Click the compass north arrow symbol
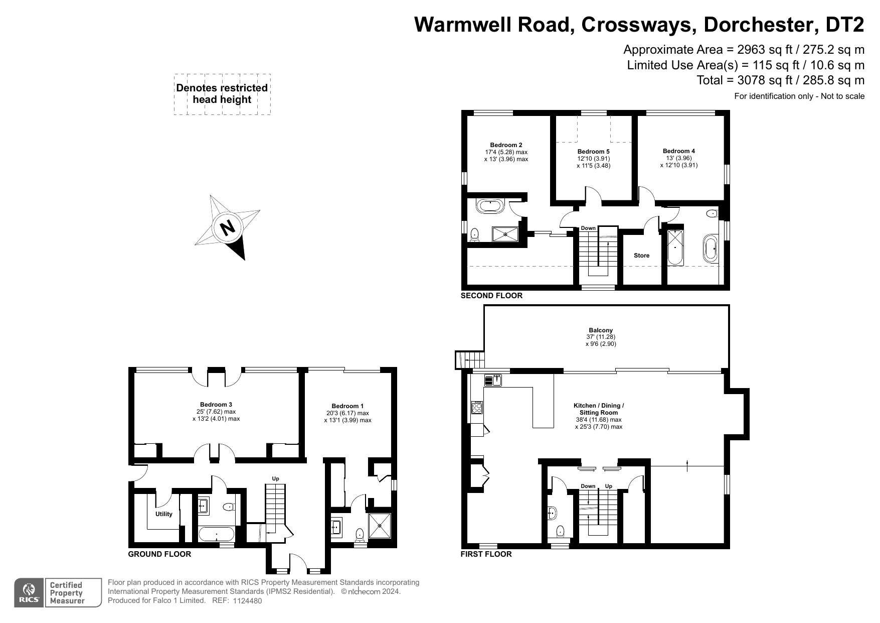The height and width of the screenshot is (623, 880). (x=227, y=227)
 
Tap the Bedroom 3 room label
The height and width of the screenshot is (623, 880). (x=216, y=404)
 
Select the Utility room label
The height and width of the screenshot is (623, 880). (x=163, y=514)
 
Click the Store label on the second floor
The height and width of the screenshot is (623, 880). (x=641, y=256)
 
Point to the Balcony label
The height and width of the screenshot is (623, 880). (x=601, y=330)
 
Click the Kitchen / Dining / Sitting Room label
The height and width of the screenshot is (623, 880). (x=599, y=409)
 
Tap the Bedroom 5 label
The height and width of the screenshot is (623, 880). (x=594, y=152)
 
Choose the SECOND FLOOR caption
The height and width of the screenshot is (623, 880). (x=491, y=296)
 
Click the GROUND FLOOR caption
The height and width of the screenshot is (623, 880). (x=159, y=554)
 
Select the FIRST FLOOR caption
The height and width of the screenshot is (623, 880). (x=486, y=554)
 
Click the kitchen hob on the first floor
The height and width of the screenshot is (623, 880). (x=477, y=407)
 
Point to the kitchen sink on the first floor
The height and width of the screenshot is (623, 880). (x=493, y=380)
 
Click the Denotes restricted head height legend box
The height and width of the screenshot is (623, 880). (x=222, y=94)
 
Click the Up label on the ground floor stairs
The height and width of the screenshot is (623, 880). (x=275, y=478)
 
